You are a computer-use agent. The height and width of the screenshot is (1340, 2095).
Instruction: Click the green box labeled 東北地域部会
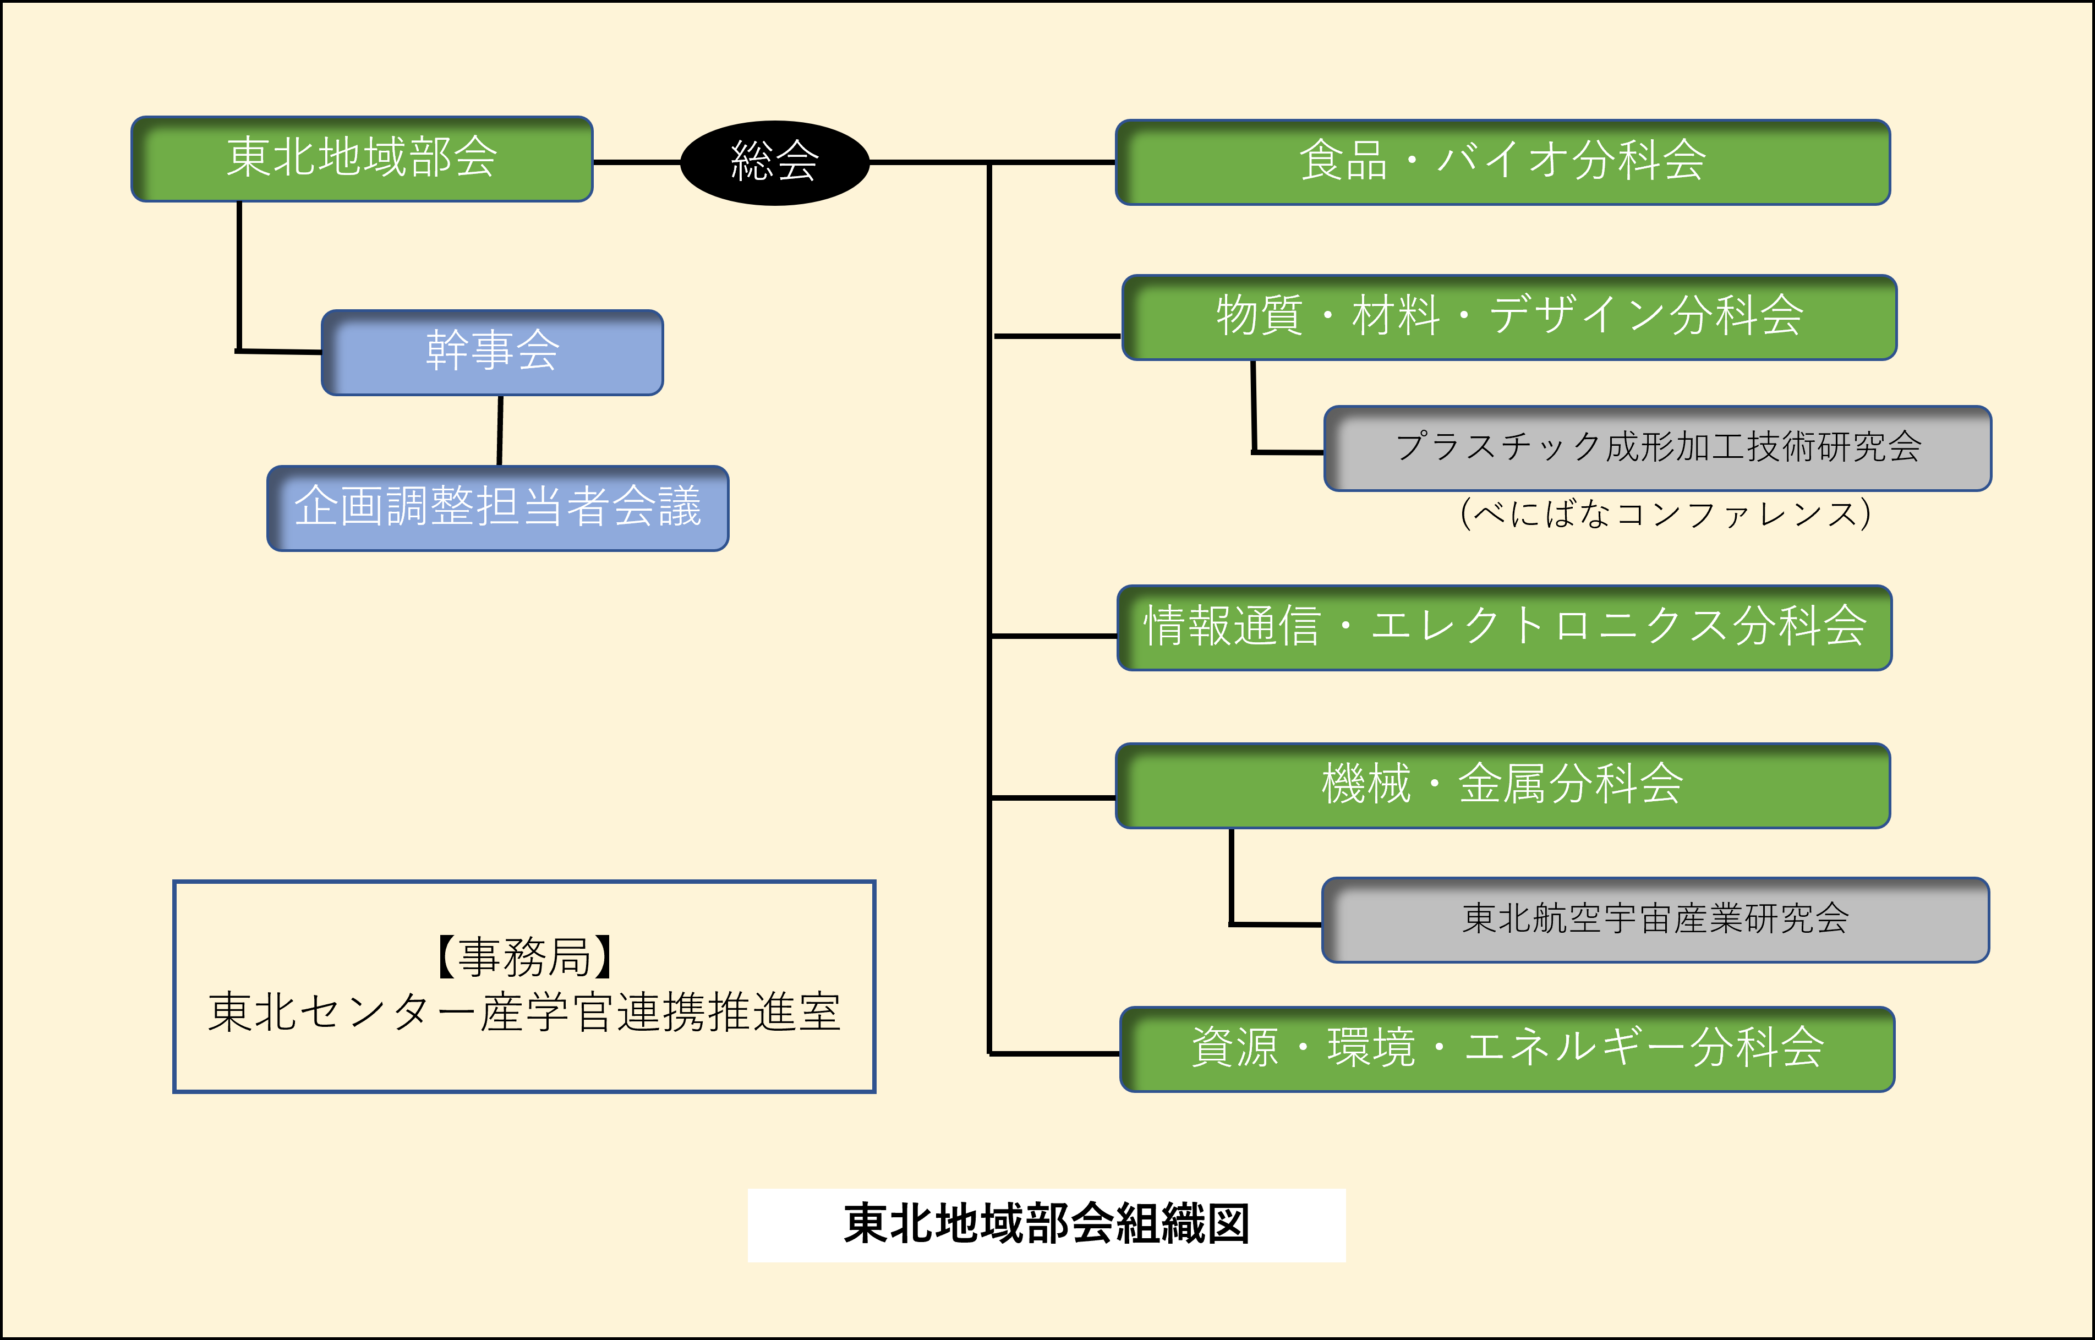362,159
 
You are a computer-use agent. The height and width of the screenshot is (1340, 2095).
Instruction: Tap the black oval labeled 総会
774,163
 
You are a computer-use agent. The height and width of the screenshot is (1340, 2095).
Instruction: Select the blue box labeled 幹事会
493,352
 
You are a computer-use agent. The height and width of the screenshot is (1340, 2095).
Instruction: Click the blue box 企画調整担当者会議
497,508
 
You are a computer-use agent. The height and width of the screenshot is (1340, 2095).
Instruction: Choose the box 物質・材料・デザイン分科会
1509,318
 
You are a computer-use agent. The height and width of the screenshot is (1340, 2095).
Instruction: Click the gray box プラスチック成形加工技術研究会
1658,448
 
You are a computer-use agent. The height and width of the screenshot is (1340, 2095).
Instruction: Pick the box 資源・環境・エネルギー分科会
1507,1049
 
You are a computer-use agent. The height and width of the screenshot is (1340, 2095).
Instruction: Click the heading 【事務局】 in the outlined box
524,957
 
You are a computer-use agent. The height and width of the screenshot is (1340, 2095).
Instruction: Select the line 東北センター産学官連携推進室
524,1013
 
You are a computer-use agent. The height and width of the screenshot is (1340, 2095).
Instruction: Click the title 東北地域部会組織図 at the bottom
1047,1224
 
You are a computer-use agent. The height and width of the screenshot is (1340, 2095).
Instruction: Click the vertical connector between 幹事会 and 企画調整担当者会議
500,431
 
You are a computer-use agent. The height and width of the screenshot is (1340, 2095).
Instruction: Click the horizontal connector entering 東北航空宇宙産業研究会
1276,924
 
